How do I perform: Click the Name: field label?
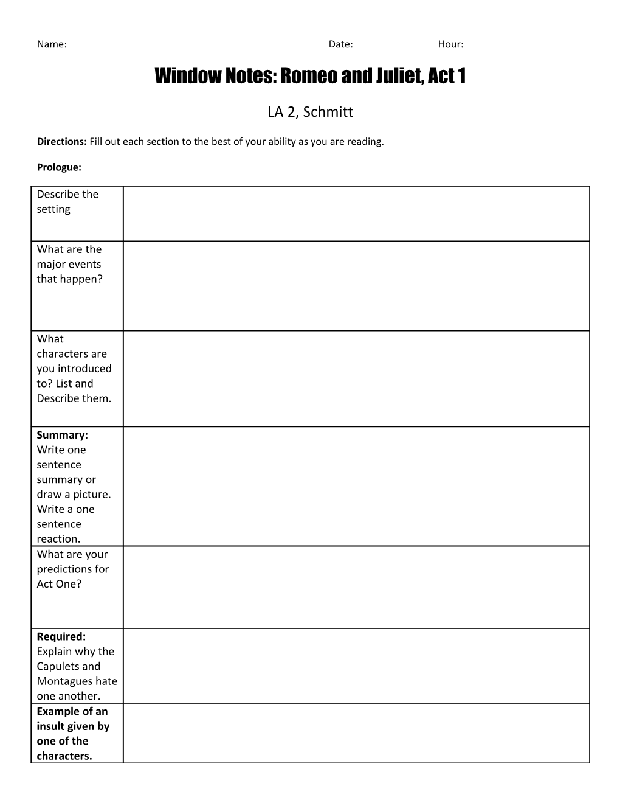tap(52, 44)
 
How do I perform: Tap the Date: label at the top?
tap(340, 44)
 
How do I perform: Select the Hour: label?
tap(450, 44)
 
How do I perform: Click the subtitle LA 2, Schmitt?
tap(310, 112)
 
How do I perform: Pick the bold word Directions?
tap(62, 142)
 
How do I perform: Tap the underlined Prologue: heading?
tap(60, 167)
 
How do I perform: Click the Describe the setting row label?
tap(67, 201)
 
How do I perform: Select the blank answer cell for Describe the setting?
tap(356, 214)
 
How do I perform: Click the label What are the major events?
tap(69, 264)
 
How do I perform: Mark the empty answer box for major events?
tap(356, 286)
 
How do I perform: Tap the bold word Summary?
tap(62, 435)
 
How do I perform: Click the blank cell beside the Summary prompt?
tap(356, 486)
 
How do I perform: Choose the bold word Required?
tap(61, 636)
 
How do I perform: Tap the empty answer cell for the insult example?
tap(356, 733)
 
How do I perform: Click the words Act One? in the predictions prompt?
tap(59, 584)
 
